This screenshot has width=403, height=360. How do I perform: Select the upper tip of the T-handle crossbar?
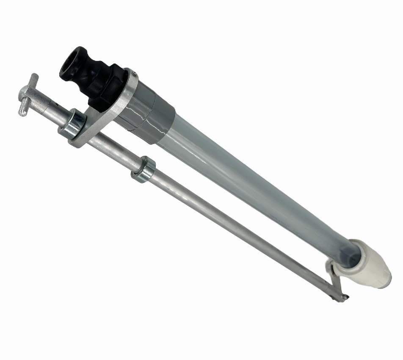(x=34, y=77)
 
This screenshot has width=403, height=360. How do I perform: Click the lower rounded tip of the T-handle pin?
(x=22, y=112)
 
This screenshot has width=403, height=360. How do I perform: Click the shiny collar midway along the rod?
(x=144, y=169)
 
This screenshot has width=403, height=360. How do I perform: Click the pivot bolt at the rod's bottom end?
(x=344, y=298)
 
